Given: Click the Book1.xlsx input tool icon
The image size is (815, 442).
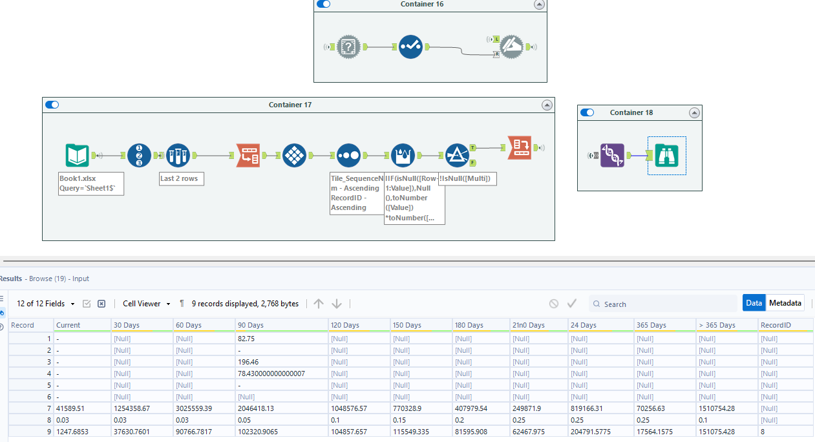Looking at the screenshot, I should [78, 156].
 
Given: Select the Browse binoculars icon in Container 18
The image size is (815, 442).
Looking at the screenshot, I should [666, 156].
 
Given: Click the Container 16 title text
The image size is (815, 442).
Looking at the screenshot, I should [422, 5].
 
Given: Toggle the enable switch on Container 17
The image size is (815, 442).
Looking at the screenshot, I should [52, 105].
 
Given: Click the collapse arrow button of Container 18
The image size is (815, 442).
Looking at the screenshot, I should [694, 112].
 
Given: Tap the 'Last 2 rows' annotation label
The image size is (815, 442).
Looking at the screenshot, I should [182, 178].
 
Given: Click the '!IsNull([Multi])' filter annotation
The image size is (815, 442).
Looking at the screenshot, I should [467, 178].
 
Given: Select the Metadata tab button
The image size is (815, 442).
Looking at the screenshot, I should [785, 303].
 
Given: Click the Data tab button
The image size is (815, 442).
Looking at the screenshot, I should [754, 303].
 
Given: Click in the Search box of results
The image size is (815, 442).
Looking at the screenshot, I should [666, 304].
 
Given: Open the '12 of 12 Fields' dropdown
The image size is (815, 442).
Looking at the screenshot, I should [45, 304].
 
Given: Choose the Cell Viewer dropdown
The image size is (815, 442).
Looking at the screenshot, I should [146, 304].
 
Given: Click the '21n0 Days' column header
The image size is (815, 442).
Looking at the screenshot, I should [528, 325].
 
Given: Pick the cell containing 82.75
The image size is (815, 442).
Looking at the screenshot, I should [246, 339].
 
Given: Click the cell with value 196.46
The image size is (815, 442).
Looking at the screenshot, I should [248, 362].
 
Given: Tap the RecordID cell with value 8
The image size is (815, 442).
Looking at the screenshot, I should [763, 432].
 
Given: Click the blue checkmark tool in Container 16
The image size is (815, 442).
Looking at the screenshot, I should [410, 47].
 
